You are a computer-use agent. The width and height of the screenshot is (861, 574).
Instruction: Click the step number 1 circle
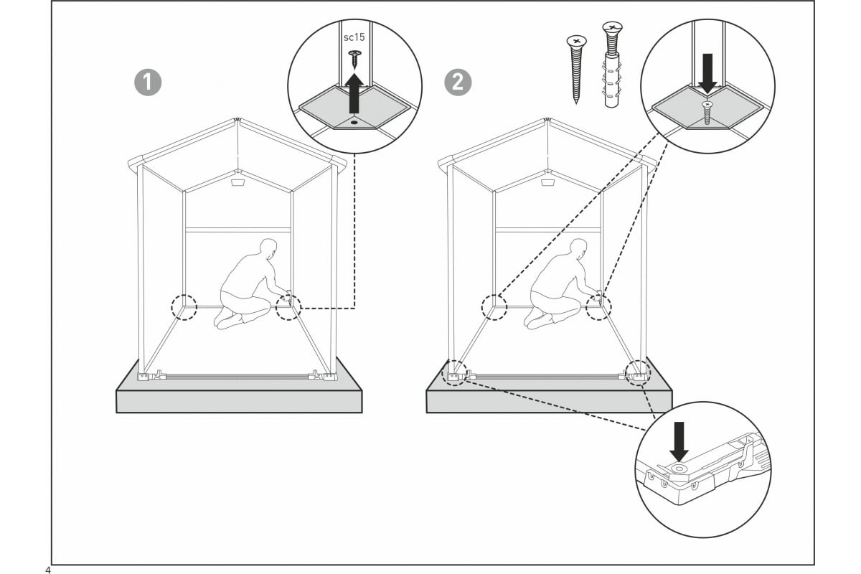148,83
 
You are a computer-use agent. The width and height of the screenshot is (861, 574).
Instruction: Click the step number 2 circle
458,83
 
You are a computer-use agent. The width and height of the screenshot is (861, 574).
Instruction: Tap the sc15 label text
354,37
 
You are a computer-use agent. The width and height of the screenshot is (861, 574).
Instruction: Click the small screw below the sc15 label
354,59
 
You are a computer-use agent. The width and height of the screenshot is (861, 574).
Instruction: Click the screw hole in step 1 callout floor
354,122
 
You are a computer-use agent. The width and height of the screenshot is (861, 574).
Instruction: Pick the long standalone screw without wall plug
576,69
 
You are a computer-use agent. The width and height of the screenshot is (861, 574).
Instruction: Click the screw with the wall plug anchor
612,65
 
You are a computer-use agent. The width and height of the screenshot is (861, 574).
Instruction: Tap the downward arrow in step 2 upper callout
707,73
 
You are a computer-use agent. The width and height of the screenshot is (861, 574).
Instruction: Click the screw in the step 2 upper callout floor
706,112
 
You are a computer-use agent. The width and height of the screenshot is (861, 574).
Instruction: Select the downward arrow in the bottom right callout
679,441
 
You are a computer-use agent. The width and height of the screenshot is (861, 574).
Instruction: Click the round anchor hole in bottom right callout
679,469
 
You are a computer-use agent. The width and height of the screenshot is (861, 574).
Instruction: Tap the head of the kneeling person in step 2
578,248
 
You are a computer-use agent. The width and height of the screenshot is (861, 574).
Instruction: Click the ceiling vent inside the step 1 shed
237,182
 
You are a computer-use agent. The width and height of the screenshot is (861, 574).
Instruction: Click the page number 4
47,570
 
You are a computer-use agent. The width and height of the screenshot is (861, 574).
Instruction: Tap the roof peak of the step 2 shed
547,120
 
